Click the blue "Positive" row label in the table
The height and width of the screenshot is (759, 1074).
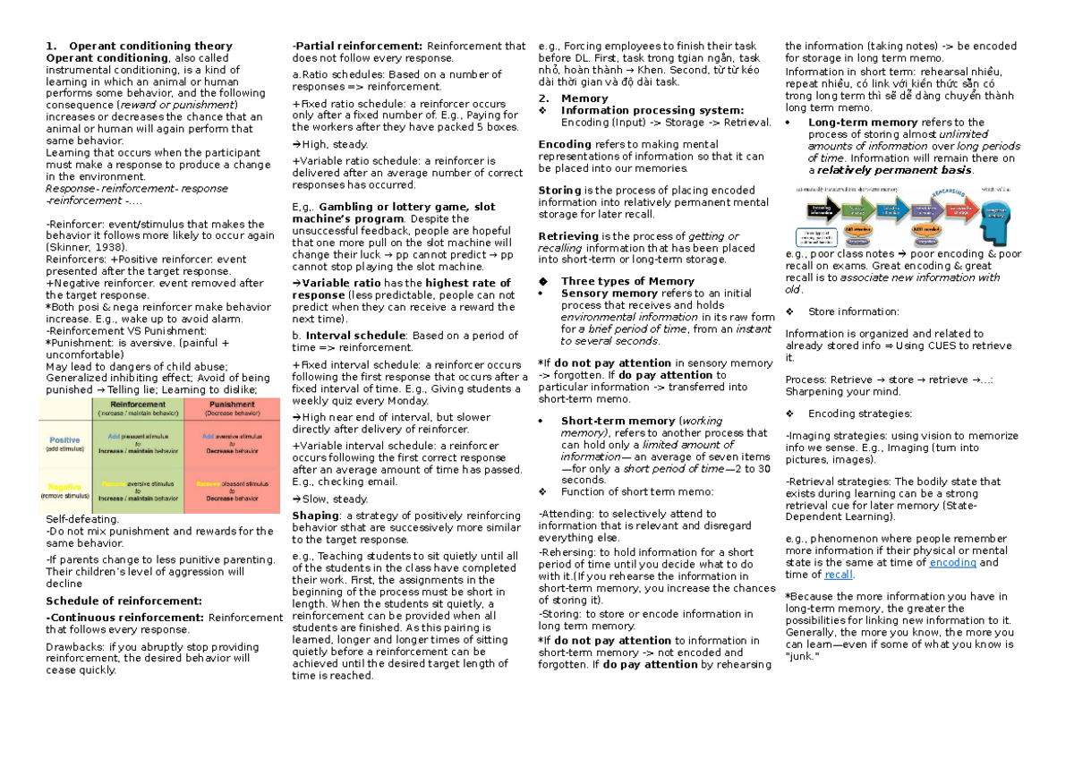pyautogui.click(x=64, y=441)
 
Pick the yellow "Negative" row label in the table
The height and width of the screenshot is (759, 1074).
pyautogui.click(x=64, y=488)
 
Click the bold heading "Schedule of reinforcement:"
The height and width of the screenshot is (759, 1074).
pyautogui.click(x=124, y=601)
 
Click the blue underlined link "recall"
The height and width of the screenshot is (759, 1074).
pyautogui.click(x=839, y=574)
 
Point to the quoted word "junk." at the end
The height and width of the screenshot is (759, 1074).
pyautogui.click(x=802, y=656)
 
